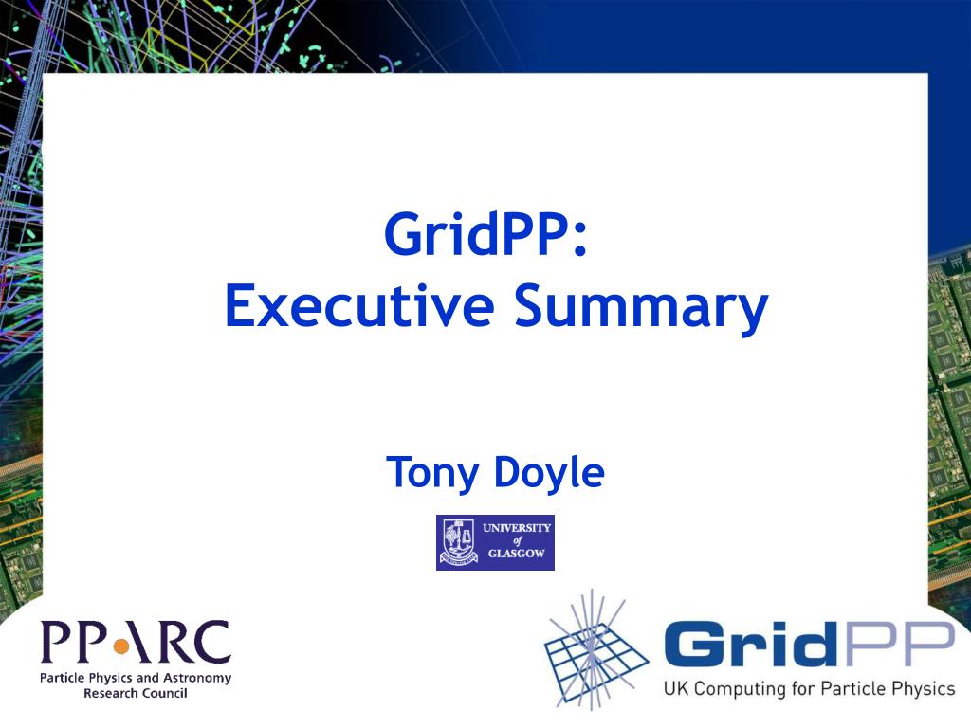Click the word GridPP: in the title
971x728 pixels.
pos(485,235)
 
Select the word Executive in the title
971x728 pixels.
pos(359,305)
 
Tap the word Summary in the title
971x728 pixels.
pos(642,308)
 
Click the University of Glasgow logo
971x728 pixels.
pos(495,542)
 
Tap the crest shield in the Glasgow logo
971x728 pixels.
pos(459,542)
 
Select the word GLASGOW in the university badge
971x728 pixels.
pos(517,554)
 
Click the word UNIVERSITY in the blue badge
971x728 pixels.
pos(517,528)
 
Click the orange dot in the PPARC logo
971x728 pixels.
pos(121,646)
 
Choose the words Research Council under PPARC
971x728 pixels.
pos(136,693)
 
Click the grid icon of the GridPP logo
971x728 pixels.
pos(595,650)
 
